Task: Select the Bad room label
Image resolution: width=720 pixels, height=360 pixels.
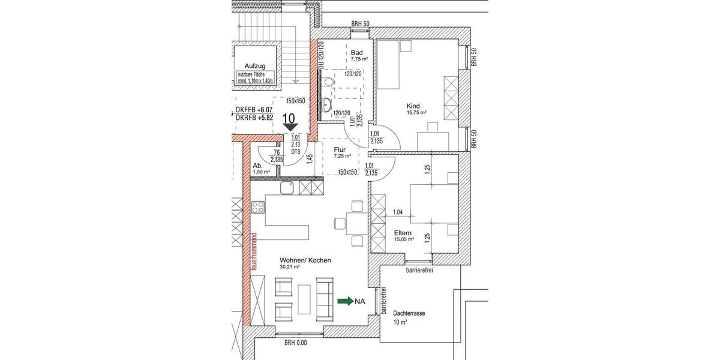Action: pyautogui.click(x=357, y=53)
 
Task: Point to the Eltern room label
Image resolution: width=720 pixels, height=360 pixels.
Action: pyautogui.click(x=403, y=232)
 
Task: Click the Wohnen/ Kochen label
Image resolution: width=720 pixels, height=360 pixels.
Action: pyautogui.click(x=305, y=261)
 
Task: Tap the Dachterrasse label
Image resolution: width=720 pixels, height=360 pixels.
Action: pyautogui.click(x=410, y=313)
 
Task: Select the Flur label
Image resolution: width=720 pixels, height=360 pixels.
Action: pyautogui.click(x=340, y=149)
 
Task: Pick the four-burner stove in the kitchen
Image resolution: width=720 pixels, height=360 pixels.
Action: pyautogui.click(x=259, y=208)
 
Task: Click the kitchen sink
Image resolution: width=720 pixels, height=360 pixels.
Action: pyautogui.click(x=286, y=188)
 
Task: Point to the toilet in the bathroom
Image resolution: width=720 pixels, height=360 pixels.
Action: pyautogui.click(x=329, y=82)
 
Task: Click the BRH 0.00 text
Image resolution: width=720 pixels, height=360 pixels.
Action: pyautogui.click(x=295, y=343)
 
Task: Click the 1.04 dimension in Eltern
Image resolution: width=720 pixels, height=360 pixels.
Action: pyautogui.click(x=397, y=212)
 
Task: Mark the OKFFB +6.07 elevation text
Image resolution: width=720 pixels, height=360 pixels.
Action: pyautogui.click(x=254, y=110)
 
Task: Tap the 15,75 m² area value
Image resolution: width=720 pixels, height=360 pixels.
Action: pyautogui.click(x=416, y=112)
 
